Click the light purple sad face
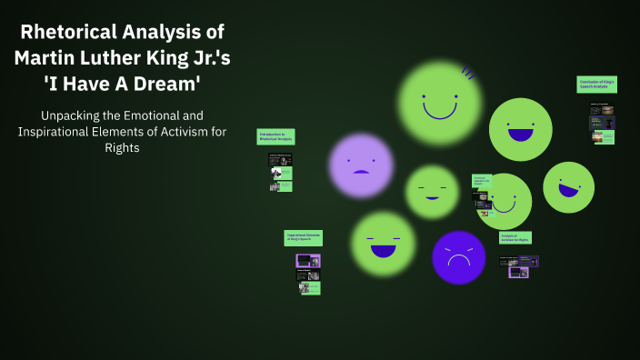[361, 165]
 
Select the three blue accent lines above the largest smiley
[468, 71]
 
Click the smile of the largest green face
[440, 114]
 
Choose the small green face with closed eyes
[432, 191]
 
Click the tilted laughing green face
[568, 187]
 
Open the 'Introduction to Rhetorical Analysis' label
[275, 137]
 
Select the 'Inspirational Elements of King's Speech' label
[303, 237]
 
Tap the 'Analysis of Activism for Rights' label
[515, 237]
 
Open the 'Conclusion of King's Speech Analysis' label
[596, 85]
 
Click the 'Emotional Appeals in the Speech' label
[482, 181]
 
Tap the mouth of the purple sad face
[361, 172]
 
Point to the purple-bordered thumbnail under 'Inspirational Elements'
[307, 261]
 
